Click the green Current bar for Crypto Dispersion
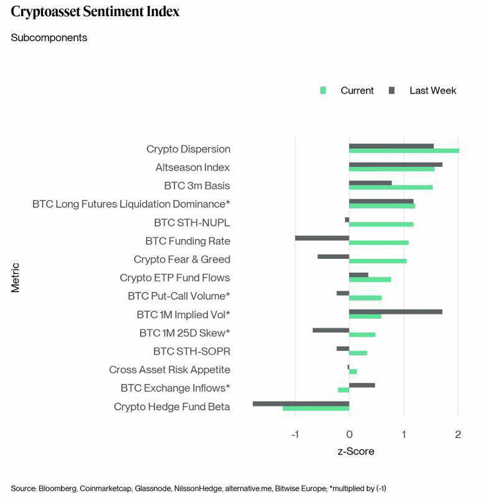(404, 151)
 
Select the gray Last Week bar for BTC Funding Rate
(322, 238)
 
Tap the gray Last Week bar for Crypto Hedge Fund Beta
(301, 404)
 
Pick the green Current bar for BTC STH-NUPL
(381, 224)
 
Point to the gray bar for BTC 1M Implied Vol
(396, 312)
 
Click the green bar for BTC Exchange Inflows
(344, 390)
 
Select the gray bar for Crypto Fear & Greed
(334, 256)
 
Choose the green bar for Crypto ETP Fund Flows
(370, 279)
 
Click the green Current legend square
(323, 90)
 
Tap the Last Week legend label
(433, 91)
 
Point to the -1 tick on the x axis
(295, 434)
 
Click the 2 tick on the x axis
(458, 434)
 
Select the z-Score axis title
(356, 451)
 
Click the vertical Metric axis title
(16, 278)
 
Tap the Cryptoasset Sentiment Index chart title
(95, 12)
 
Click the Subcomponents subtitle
(49, 38)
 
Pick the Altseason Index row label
(192, 167)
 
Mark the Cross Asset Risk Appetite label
(169, 370)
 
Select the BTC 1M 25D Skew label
(185, 333)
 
